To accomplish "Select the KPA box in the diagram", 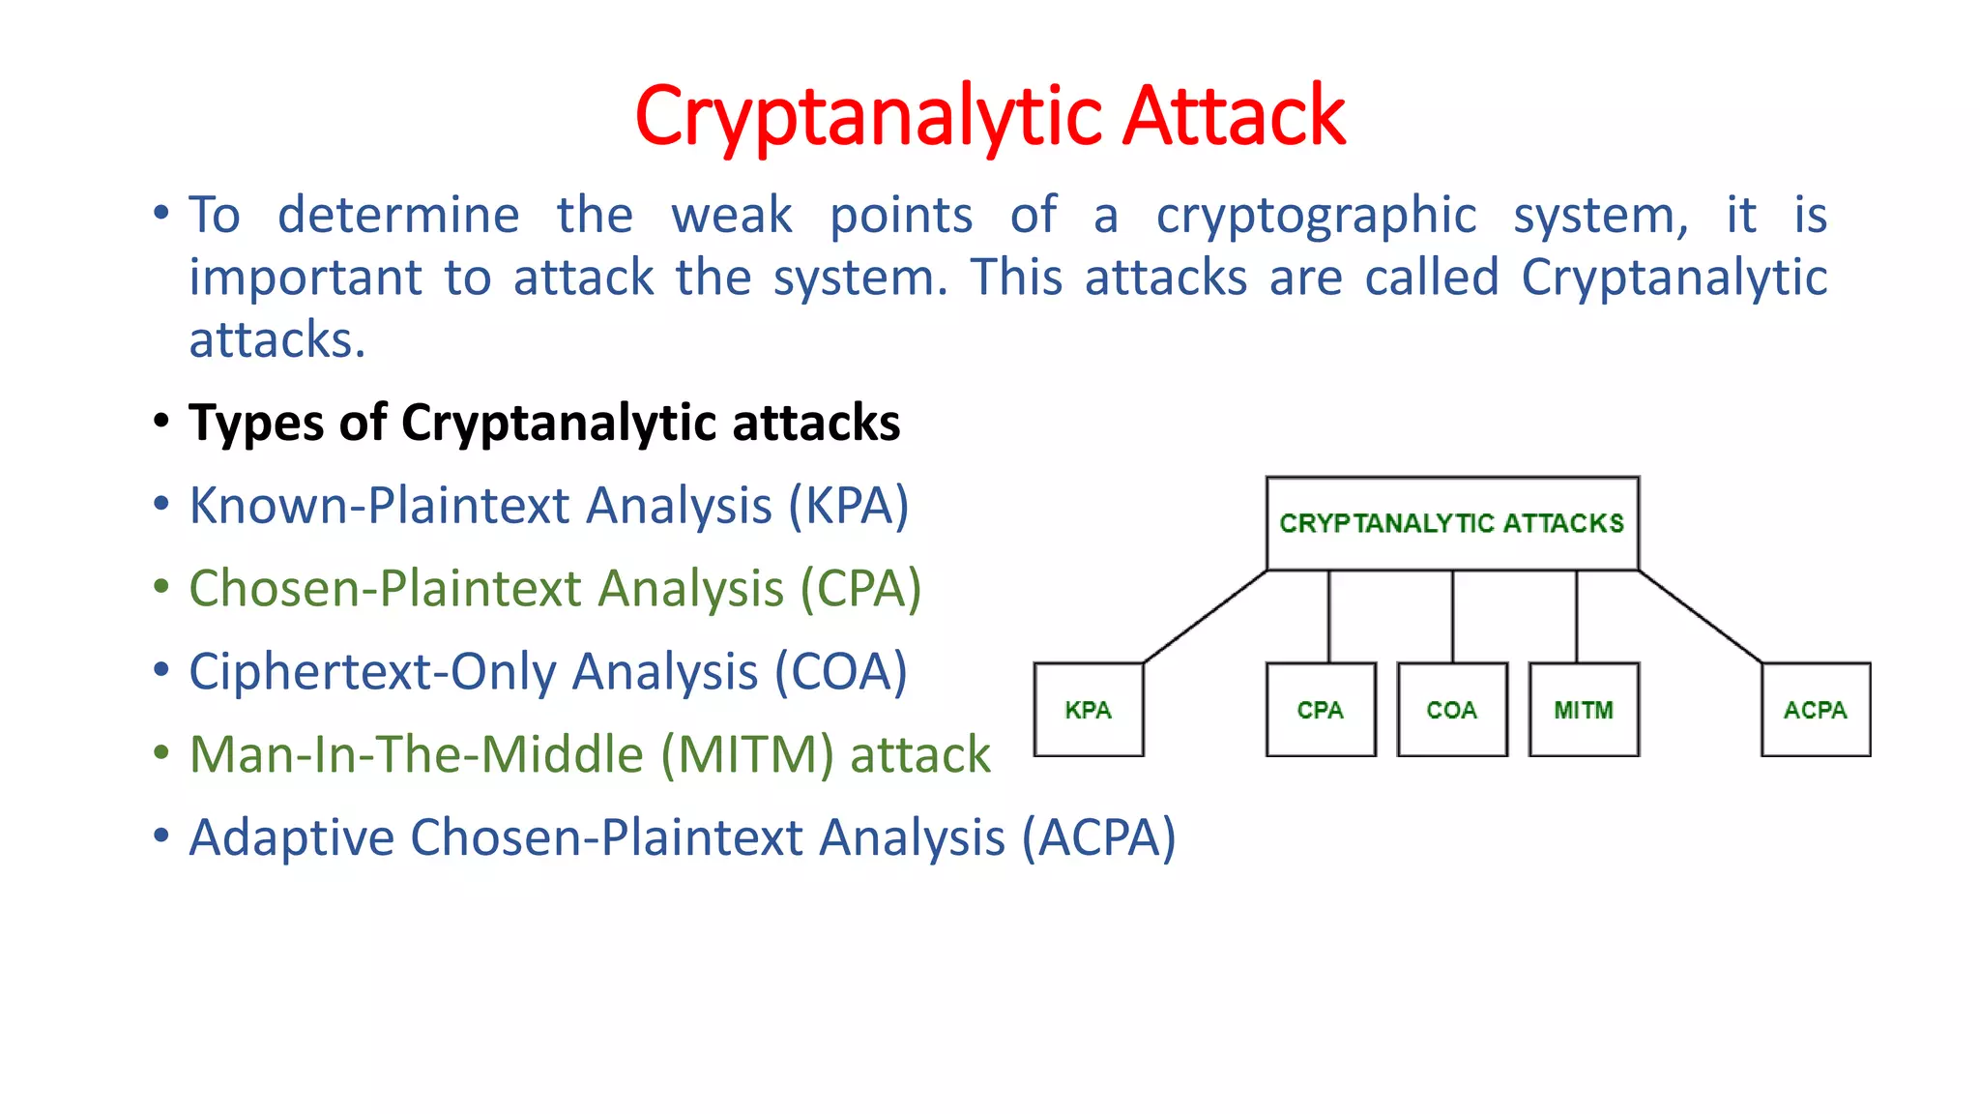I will [x=1089, y=709].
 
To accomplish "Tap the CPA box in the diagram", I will [x=1321, y=709].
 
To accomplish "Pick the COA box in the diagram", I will [x=1452, y=709].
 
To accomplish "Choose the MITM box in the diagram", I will [x=1584, y=709].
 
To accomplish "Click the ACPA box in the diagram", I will [x=1816, y=709].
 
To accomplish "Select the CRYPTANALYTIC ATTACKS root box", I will [x=1452, y=523].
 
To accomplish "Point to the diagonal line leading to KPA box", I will [x=1205, y=617].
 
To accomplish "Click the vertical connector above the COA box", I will [x=1452, y=617].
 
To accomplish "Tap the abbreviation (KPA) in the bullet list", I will [x=848, y=506].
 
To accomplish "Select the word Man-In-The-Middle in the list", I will [x=416, y=754].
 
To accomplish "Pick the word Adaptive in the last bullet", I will [x=291, y=837].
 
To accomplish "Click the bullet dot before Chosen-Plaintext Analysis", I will [x=161, y=587].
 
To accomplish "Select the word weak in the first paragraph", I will [x=732, y=215].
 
